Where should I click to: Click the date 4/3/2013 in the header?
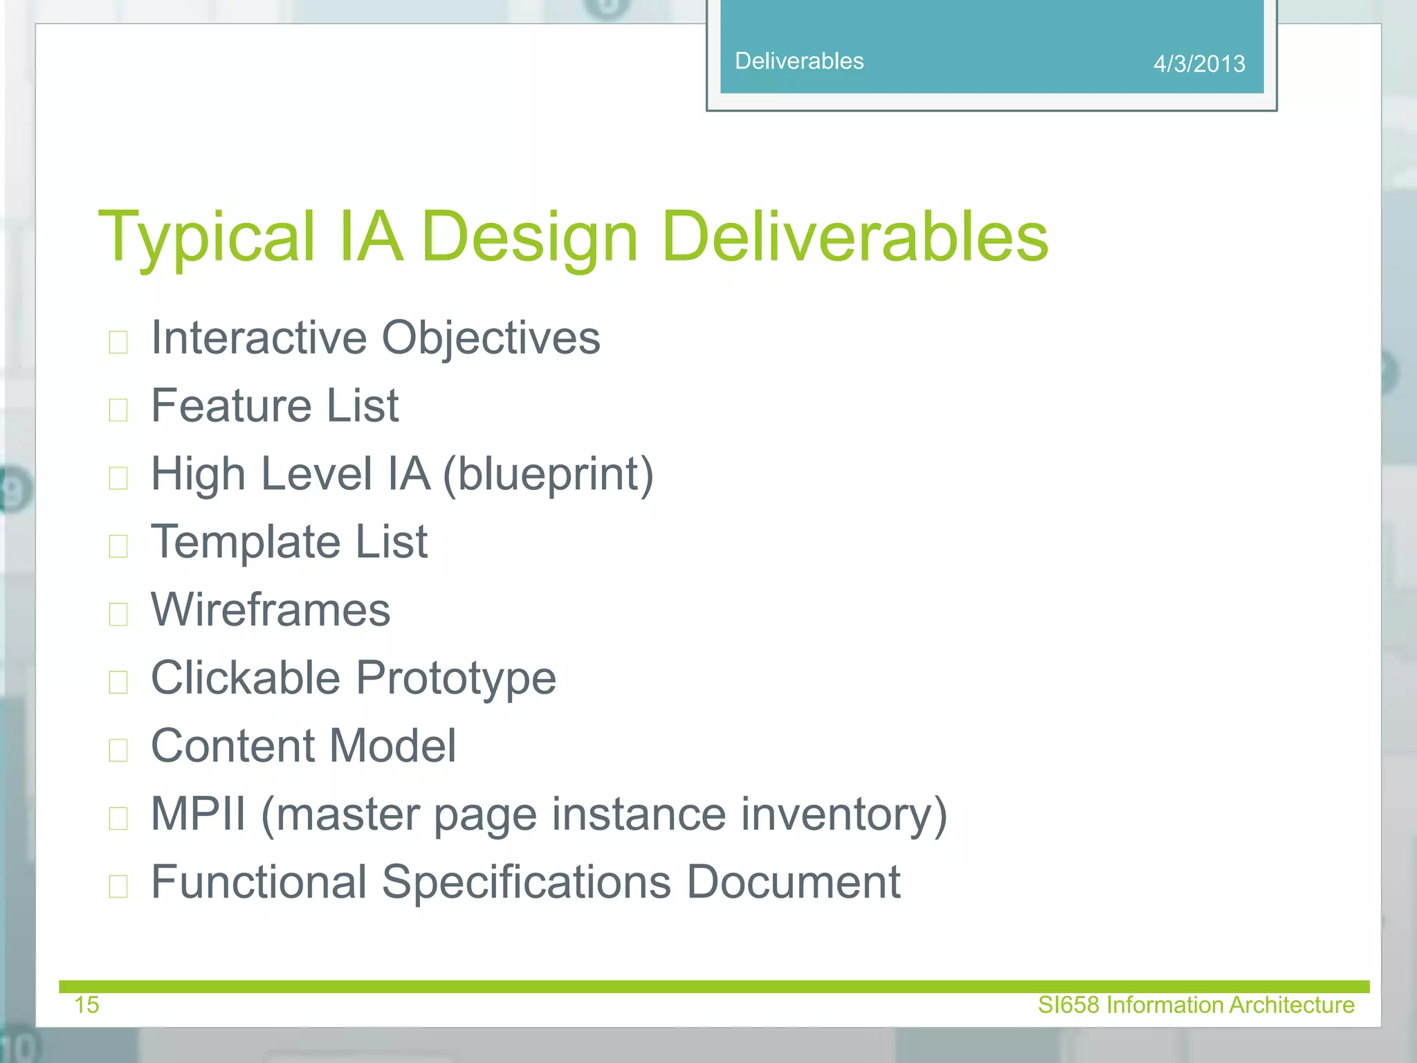1199,64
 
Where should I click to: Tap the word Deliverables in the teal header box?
799,61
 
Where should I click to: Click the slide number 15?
86,1004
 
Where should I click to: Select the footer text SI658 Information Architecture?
1196,1004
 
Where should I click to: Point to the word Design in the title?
529,237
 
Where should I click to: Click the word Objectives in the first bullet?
491,338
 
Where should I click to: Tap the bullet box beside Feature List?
118,410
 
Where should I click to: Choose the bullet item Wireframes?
271,610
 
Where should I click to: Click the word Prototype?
456,678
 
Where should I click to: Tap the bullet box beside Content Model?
118,750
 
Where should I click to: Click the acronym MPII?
198,814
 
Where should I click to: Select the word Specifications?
526,882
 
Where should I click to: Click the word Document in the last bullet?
793,882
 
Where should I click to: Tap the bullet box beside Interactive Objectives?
118,342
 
